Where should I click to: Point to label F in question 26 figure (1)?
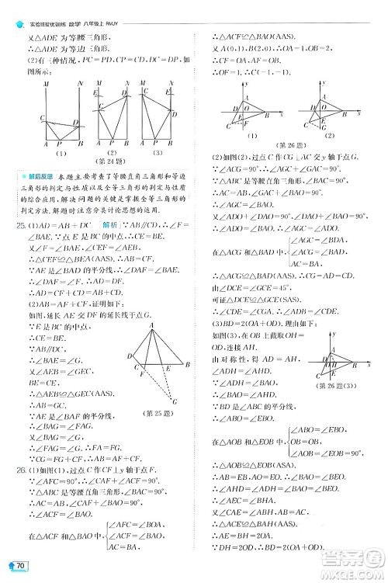point(247,123)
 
